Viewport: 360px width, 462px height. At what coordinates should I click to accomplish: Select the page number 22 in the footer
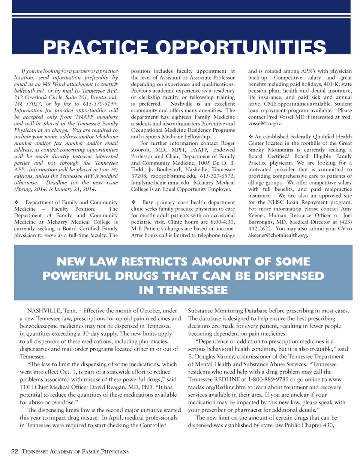pyautogui.click(x=15, y=451)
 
